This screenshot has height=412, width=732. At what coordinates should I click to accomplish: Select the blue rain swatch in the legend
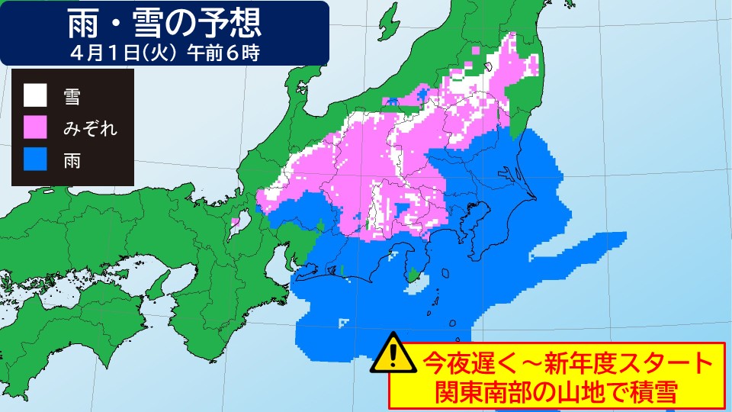[x=34, y=160]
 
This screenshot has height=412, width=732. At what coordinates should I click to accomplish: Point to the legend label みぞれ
[x=91, y=128]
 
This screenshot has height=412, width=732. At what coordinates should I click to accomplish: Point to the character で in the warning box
[x=610, y=392]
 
